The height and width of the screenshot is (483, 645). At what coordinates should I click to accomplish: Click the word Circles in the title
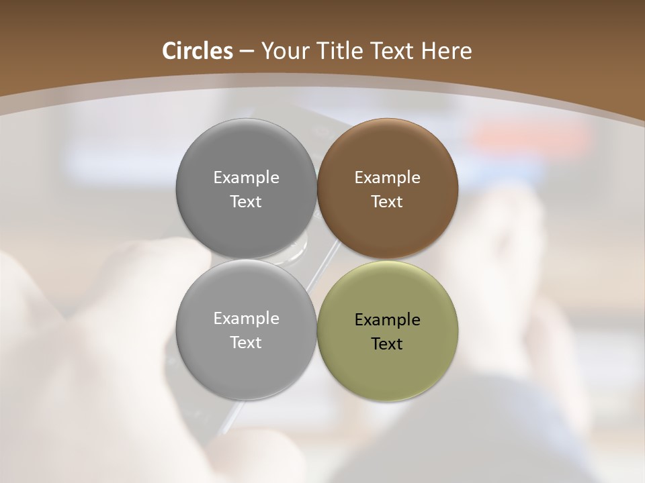click(x=198, y=51)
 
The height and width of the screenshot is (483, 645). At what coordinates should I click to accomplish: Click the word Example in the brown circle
click(x=387, y=178)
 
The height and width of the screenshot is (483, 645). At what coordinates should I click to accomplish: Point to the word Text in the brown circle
click(x=387, y=202)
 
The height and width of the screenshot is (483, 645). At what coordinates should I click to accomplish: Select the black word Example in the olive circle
click(x=387, y=320)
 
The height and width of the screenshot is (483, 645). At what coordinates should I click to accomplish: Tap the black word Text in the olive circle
click(x=387, y=344)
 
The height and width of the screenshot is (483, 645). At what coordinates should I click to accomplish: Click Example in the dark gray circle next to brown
click(x=246, y=178)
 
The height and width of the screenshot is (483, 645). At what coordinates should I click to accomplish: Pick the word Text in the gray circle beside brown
click(x=246, y=202)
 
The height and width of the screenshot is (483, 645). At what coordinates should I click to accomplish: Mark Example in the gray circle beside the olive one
click(x=246, y=319)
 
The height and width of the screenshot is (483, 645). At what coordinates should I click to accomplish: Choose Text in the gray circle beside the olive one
click(x=246, y=343)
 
